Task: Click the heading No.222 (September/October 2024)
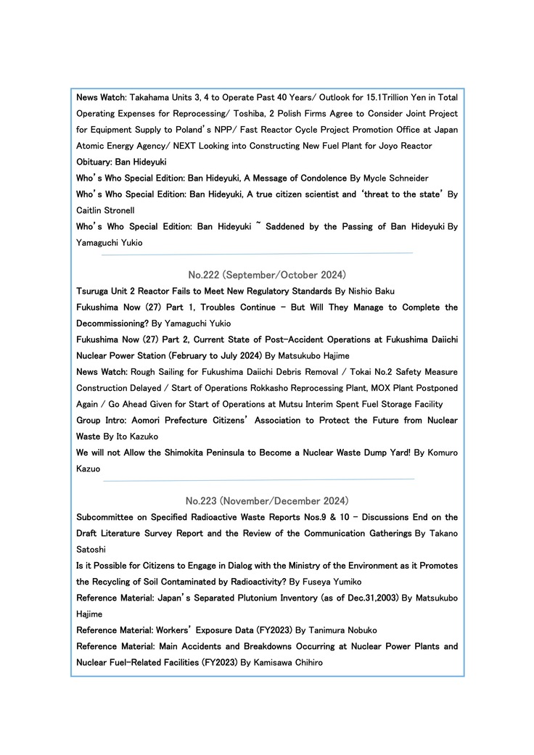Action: click(x=267, y=275)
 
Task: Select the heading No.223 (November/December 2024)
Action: click(x=267, y=501)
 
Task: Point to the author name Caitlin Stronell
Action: click(x=105, y=210)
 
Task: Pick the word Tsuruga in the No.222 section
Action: click(x=95, y=291)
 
